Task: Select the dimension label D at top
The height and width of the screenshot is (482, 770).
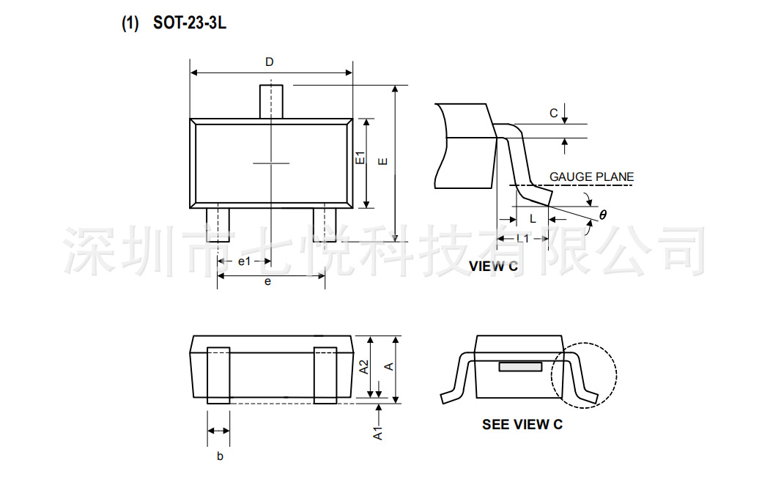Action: click(270, 62)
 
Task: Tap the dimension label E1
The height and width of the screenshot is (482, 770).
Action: click(360, 159)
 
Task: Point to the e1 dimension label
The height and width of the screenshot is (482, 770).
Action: click(244, 262)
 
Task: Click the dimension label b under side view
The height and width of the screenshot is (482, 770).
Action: click(219, 456)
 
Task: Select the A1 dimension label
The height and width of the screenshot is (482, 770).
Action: click(378, 432)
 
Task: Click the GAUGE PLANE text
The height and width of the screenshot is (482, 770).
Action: click(591, 177)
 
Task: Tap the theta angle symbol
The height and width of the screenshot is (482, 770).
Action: click(603, 215)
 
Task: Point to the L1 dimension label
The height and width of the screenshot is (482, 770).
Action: click(522, 239)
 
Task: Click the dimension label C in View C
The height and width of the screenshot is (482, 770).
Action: click(554, 113)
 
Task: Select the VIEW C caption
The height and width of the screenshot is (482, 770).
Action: click(493, 267)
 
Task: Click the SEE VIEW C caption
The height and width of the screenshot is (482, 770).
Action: click(522, 424)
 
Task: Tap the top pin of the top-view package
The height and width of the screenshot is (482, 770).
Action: click(271, 101)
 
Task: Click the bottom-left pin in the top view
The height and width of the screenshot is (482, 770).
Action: click(218, 224)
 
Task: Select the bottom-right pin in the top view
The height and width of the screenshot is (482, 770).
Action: click(325, 224)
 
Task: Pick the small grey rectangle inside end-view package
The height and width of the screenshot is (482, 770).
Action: click(520, 366)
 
